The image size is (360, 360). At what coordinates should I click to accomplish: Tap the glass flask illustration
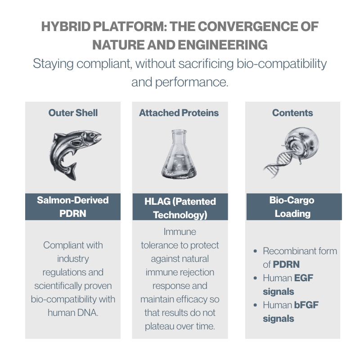179,154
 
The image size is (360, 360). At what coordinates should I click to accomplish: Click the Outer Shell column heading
73,113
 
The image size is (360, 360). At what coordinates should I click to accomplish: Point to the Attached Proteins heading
179,113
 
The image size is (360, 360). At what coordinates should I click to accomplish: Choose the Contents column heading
292,113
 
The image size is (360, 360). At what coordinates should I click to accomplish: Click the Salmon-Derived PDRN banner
73,207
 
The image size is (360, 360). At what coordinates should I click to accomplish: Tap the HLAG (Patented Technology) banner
180,207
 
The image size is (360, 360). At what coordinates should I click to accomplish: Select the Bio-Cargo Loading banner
294,207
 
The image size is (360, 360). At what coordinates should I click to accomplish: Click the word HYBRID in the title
66,27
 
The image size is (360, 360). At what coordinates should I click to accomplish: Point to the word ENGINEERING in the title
223,45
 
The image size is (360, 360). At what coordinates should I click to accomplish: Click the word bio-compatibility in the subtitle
282,64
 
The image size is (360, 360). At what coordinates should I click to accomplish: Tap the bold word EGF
303,278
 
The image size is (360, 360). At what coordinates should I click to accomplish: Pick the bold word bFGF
306,305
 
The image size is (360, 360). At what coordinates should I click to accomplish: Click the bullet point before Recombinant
255,251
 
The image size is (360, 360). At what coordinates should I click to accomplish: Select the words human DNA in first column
73,313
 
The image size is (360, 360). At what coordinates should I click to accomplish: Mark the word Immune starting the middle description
180,232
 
